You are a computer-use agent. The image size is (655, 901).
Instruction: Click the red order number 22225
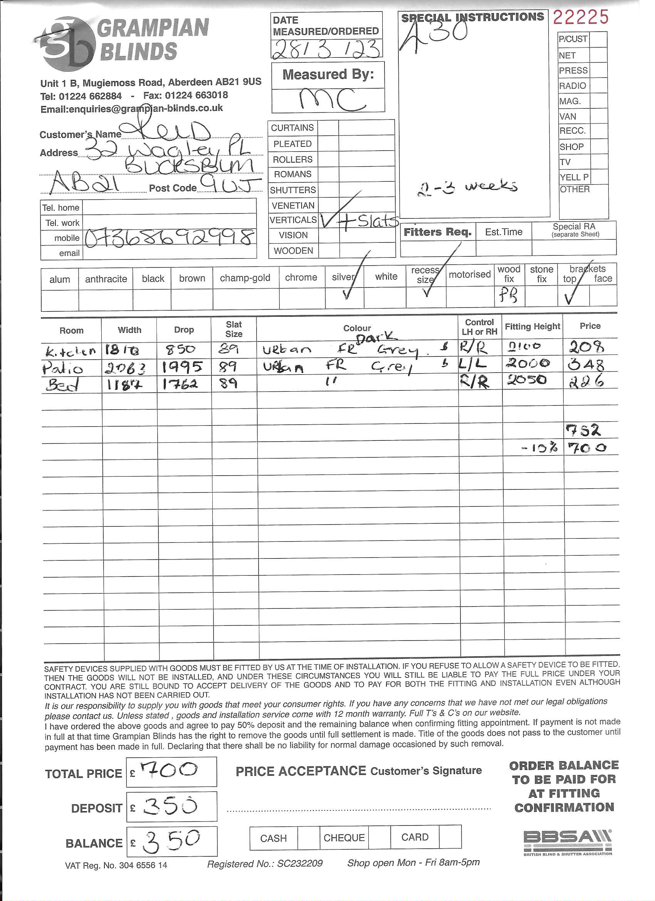pyautogui.click(x=580, y=17)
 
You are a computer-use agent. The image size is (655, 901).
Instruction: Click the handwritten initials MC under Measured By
pyautogui.click(x=332, y=99)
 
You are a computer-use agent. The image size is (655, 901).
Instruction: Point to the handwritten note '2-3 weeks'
pyautogui.click(x=467, y=188)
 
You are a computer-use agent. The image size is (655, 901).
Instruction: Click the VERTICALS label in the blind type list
pyautogui.click(x=293, y=220)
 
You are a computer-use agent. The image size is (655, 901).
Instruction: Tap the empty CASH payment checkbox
pyautogui.click(x=308, y=837)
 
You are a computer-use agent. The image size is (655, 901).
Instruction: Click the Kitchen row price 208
pyautogui.click(x=586, y=347)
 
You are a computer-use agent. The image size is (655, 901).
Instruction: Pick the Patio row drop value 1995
pyautogui.click(x=182, y=366)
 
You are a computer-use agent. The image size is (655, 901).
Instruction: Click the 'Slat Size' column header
pyautogui.click(x=233, y=329)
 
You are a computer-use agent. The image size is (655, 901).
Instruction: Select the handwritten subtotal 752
pyautogui.click(x=583, y=430)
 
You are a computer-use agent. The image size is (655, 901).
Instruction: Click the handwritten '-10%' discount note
pyautogui.click(x=539, y=449)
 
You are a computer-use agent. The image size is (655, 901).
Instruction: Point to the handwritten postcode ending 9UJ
pyautogui.click(x=229, y=184)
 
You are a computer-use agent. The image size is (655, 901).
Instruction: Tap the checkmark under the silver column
pyautogui.click(x=346, y=294)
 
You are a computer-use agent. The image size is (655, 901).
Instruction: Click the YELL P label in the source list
pyautogui.click(x=574, y=177)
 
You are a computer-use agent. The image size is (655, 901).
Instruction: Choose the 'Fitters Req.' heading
pyautogui.click(x=437, y=232)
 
